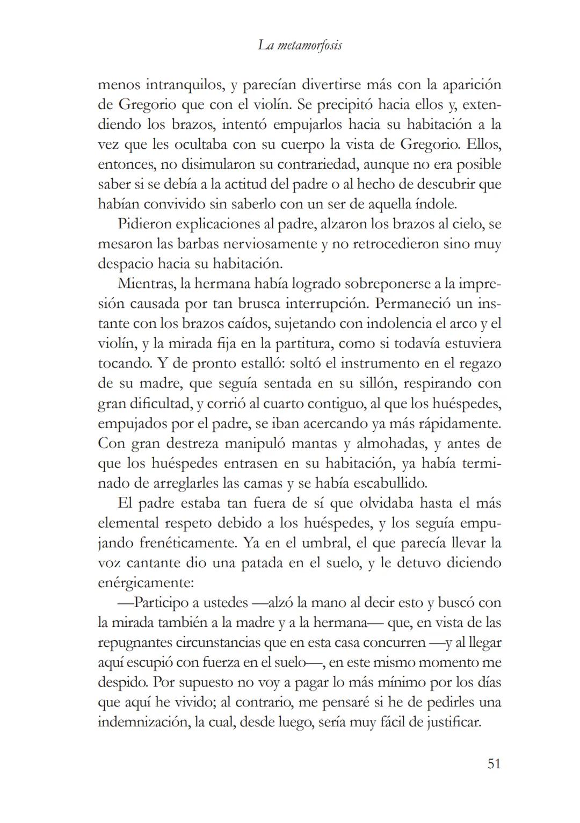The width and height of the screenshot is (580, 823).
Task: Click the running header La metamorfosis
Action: (300, 46)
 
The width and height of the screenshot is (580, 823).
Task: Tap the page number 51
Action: (494, 763)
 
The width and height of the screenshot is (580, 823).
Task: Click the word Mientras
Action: (145, 284)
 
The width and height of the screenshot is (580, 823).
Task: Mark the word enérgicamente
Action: (145, 583)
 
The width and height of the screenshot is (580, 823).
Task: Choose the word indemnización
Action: (142, 722)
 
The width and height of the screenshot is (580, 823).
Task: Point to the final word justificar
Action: (454, 722)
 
